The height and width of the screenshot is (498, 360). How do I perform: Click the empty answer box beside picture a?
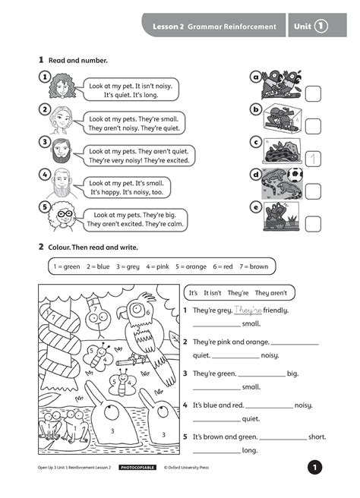313,93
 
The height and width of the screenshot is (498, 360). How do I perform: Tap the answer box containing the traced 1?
313,159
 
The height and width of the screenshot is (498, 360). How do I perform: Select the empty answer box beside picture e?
313,224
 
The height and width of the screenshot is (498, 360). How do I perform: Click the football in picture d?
295,175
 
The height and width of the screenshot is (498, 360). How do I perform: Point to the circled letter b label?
256,109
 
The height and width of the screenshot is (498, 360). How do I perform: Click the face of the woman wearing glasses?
65,216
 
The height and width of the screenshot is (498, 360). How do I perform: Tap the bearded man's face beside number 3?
61,150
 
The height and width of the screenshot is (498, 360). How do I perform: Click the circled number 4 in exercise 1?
45,175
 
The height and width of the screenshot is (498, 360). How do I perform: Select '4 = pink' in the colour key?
158,266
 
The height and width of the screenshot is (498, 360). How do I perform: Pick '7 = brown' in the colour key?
254,266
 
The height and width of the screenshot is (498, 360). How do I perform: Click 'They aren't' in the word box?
270,293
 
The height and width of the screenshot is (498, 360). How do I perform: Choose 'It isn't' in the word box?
212,293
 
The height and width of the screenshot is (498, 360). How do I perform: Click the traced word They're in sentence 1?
248,310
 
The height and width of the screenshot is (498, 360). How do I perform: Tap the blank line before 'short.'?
283,440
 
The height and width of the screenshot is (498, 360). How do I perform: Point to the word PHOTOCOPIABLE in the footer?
137,468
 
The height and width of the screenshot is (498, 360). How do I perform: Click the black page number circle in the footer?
314,467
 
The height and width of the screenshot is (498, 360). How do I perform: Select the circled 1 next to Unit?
321,26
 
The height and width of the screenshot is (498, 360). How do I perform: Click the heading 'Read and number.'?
77,60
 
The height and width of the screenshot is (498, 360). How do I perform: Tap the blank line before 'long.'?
216,453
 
